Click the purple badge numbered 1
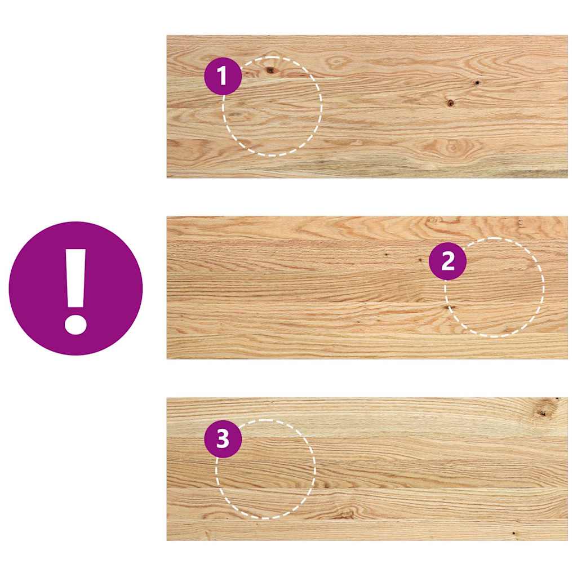(x=223, y=76)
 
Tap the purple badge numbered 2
(x=447, y=261)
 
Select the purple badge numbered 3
(x=223, y=438)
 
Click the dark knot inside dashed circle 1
(x=270, y=70)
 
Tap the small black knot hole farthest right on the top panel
(x=477, y=83)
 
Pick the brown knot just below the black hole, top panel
(x=450, y=103)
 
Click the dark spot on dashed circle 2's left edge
(x=450, y=308)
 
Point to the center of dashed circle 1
(x=273, y=106)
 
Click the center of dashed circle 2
(x=495, y=287)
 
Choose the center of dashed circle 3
(x=266, y=469)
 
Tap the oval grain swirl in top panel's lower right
(x=451, y=148)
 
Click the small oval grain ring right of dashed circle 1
(x=338, y=62)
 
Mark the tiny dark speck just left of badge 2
(x=421, y=260)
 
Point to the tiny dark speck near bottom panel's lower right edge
(x=513, y=532)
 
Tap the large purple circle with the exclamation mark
(x=76, y=288)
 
